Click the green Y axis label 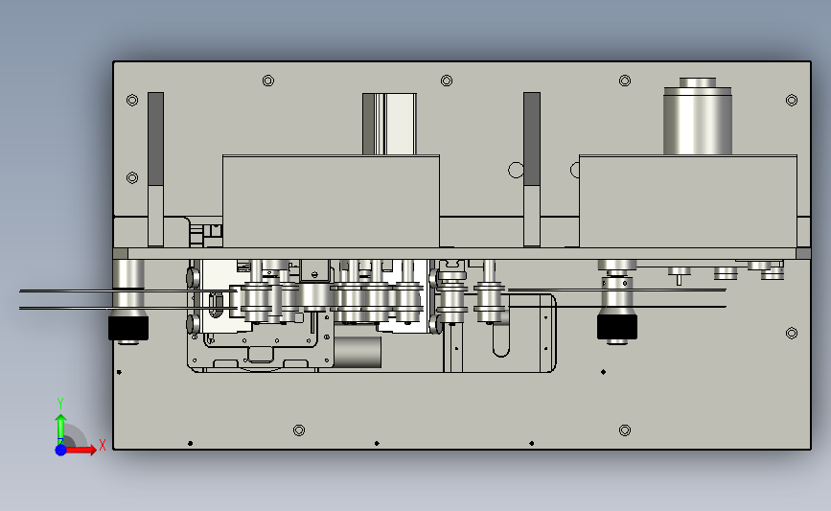[60, 403]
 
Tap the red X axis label [103, 445]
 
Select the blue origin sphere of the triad [61, 450]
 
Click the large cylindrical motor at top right [698, 117]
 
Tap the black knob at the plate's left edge [128, 328]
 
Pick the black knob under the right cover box [617, 327]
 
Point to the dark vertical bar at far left [156, 139]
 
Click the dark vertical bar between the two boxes [532, 139]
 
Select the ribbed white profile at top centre [389, 124]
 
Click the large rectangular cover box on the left [332, 201]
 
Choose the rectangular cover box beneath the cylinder [688, 201]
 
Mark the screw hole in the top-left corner [132, 100]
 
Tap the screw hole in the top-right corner [792, 100]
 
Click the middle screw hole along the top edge [447, 81]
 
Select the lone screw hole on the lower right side [792, 333]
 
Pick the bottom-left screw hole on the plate [299, 430]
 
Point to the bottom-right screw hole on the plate [625, 430]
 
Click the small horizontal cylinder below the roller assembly [358, 352]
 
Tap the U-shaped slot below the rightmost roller [501, 339]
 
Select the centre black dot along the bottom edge [377, 443]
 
